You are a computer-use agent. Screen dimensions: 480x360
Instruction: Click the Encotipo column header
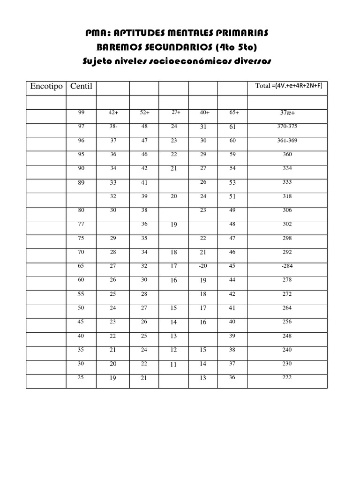click(46, 86)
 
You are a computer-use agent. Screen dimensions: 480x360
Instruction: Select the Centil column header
click(81, 86)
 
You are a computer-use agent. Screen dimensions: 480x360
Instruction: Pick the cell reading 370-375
click(287, 127)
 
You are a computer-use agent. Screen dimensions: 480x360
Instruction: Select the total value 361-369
click(287, 141)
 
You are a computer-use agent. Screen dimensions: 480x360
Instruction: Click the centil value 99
click(82, 112)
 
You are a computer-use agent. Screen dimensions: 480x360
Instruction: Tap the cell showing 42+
click(113, 113)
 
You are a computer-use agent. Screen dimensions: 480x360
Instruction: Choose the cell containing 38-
click(113, 127)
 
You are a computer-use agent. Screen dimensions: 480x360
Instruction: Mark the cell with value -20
click(202, 266)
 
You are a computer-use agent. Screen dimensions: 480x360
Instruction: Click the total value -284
click(286, 266)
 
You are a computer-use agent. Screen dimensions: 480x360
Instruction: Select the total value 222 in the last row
click(287, 378)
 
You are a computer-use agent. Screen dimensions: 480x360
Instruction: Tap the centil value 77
click(82, 224)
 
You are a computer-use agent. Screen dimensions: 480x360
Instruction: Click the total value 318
click(287, 196)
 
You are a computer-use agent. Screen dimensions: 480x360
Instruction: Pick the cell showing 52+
click(144, 113)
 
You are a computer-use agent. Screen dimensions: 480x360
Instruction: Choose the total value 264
click(287, 308)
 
